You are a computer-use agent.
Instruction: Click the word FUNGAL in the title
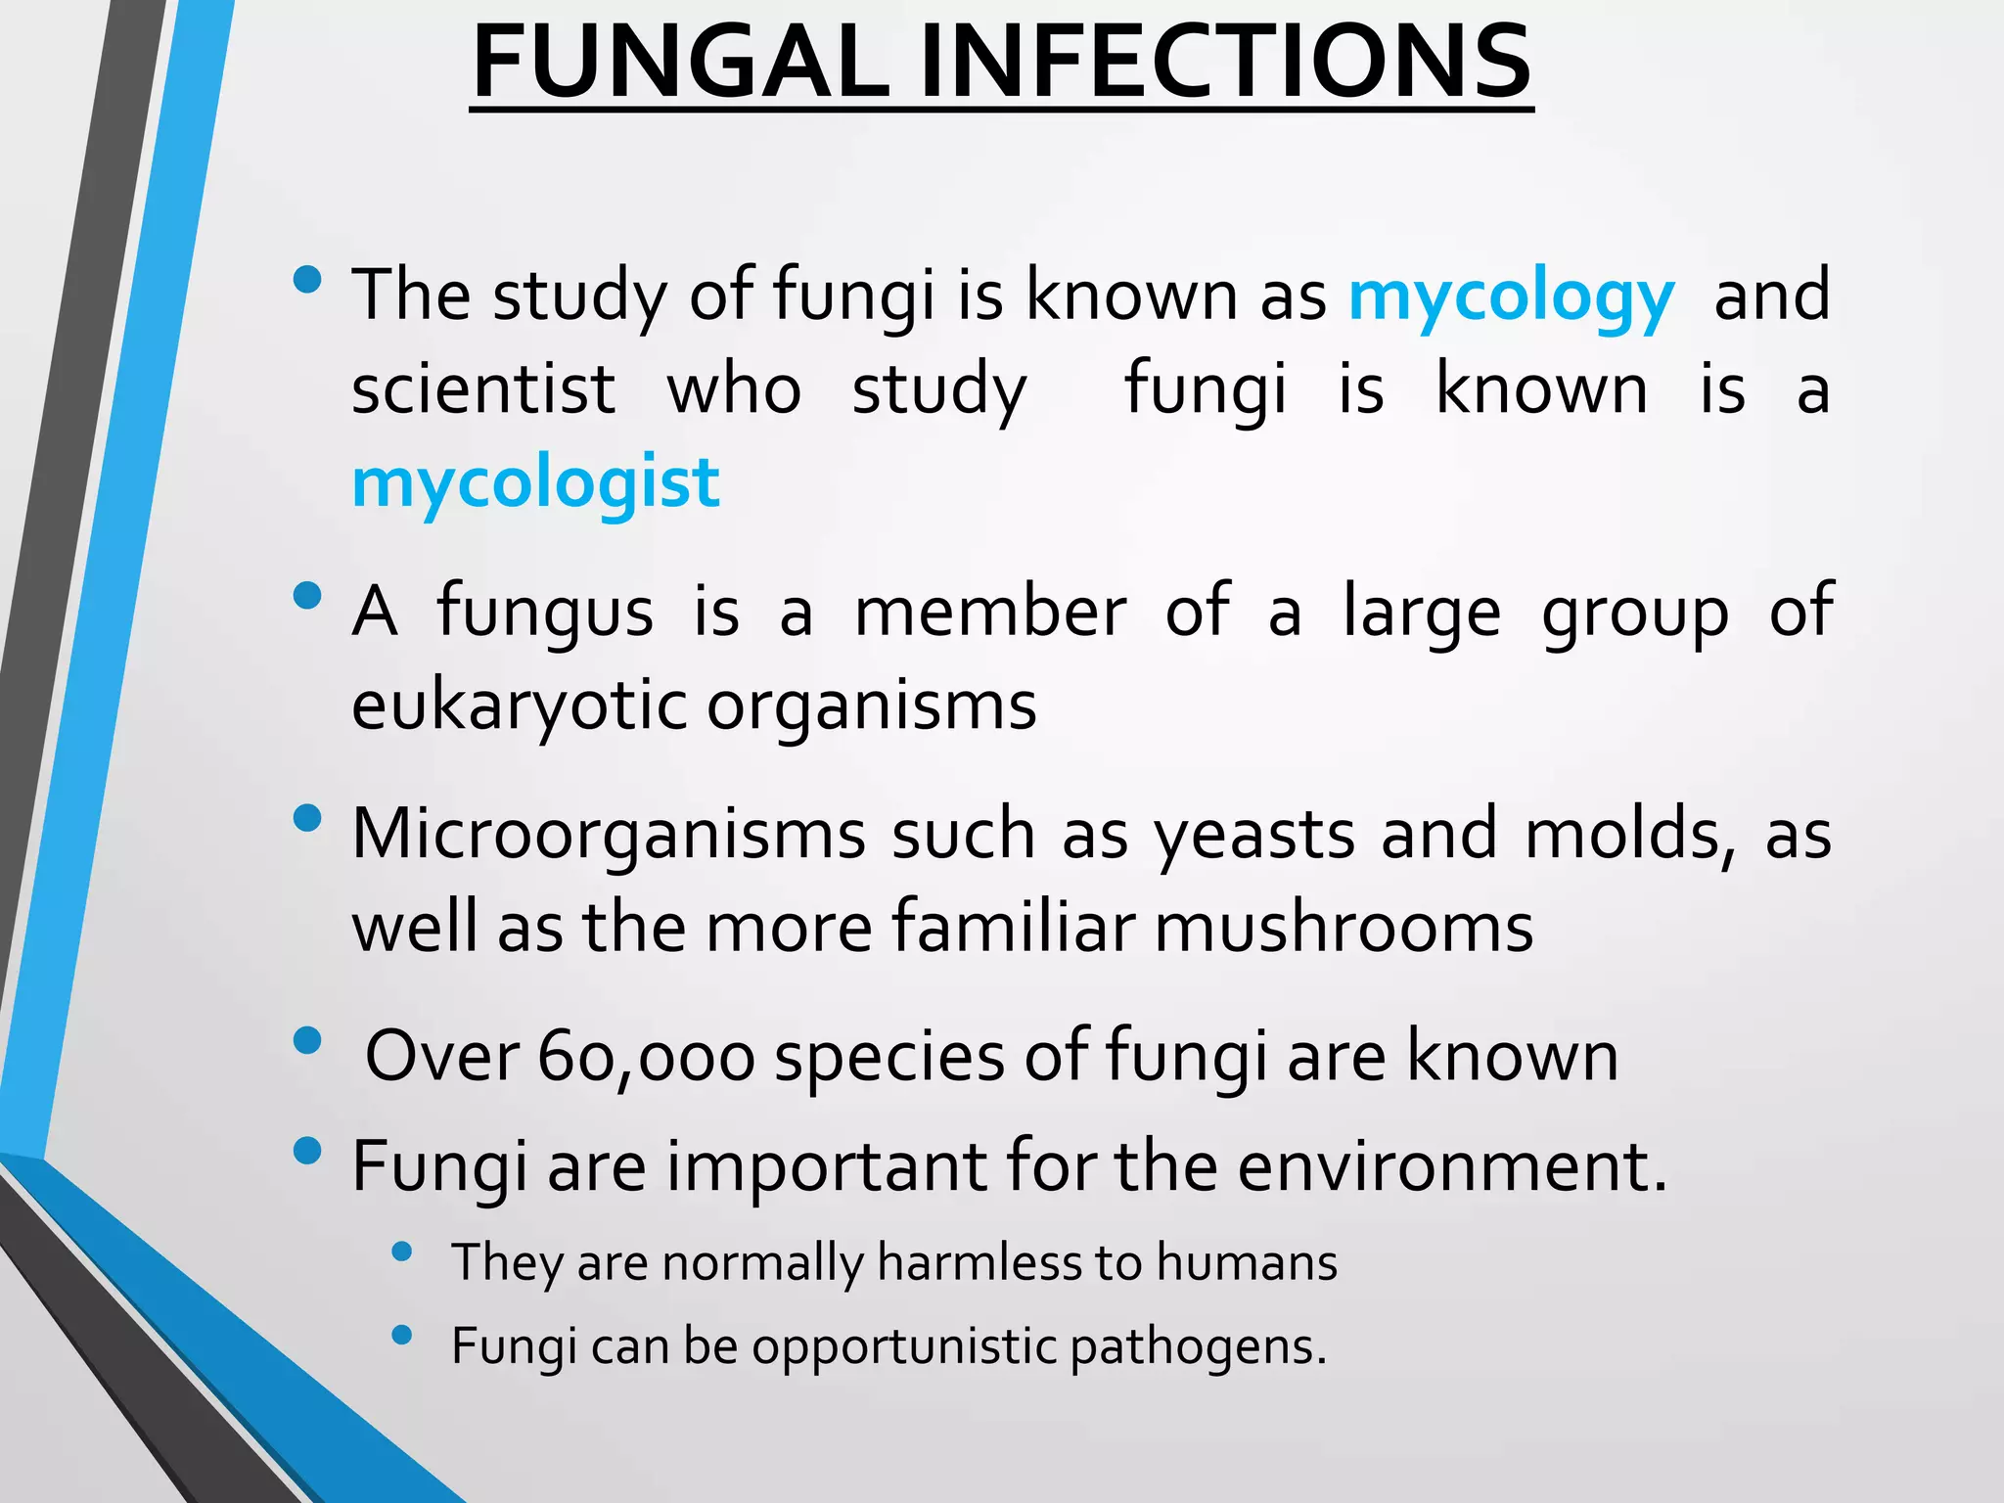click(x=680, y=63)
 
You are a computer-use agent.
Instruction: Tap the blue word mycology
click(x=1511, y=296)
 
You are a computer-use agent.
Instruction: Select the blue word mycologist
click(x=535, y=483)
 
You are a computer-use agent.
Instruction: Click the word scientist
click(x=483, y=389)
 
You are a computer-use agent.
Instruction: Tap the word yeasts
click(x=1254, y=836)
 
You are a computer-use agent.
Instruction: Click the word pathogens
click(x=1198, y=1348)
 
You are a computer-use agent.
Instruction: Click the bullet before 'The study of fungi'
click(x=307, y=280)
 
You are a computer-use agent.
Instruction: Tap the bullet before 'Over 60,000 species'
click(x=307, y=1041)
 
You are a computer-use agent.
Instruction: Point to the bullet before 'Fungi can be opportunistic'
click(x=401, y=1335)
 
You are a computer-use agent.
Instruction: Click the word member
click(x=990, y=613)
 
